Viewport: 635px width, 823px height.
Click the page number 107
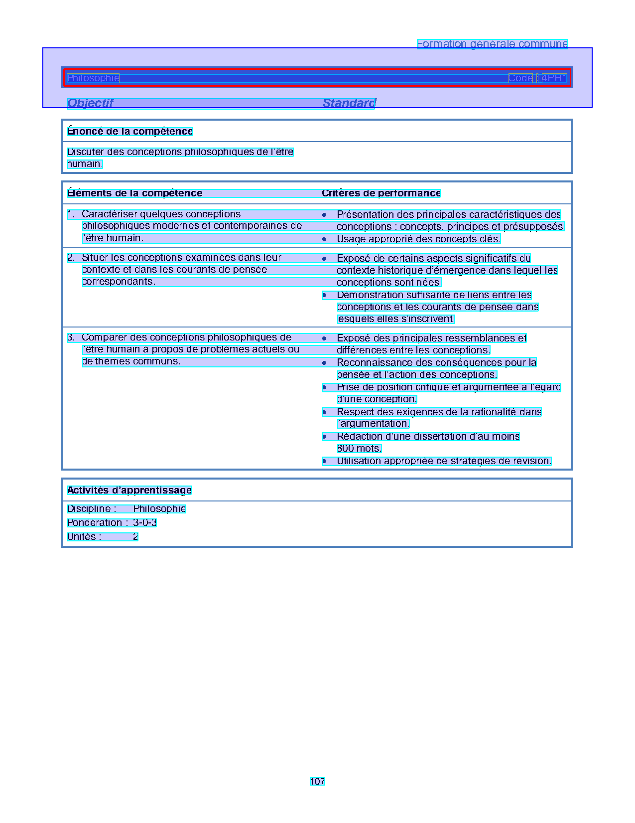click(x=317, y=781)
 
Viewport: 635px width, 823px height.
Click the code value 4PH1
click(x=554, y=78)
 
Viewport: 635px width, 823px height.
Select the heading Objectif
click(x=90, y=103)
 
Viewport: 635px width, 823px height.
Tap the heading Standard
click(x=349, y=103)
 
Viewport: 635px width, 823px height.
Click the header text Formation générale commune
click(x=492, y=44)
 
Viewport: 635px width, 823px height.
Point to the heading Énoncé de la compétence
click(x=130, y=131)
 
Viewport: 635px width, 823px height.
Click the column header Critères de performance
click(x=381, y=193)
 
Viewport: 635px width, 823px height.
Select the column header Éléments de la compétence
click(x=135, y=193)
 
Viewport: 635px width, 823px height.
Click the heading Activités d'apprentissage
click(x=129, y=490)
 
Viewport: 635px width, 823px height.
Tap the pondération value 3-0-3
click(x=145, y=522)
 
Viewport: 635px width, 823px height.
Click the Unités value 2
click(x=135, y=536)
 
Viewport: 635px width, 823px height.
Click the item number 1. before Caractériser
click(x=71, y=214)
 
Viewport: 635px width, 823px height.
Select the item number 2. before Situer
click(x=71, y=257)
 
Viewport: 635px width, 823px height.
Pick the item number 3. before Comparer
click(x=71, y=337)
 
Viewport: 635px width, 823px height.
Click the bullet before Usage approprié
click(x=324, y=239)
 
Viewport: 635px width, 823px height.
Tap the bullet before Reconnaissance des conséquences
click(x=324, y=362)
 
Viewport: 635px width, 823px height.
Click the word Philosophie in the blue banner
click(x=93, y=78)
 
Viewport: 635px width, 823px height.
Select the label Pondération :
click(x=98, y=522)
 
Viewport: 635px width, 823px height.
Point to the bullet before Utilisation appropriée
click(x=324, y=461)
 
